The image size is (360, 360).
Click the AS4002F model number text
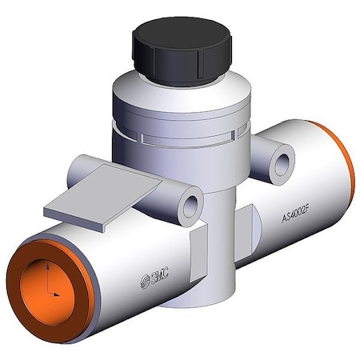click(296, 214)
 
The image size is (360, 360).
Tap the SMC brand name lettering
click(160, 275)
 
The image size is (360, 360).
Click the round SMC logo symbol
click(146, 282)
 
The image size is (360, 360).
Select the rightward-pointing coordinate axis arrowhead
click(57, 294)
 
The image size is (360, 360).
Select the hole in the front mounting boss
click(190, 206)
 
